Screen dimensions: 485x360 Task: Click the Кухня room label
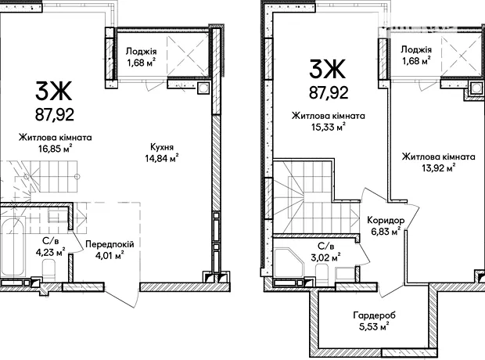click(162, 147)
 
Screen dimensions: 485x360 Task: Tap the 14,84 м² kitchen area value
click(162, 158)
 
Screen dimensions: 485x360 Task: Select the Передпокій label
click(110, 244)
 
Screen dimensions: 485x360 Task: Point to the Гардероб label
click(374, 315)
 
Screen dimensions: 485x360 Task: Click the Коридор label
click(386, 221)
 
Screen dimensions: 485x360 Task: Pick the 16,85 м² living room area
click(56, 149)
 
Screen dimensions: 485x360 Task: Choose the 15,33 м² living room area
click(329, 127)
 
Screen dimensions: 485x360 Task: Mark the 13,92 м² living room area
click(438, 167)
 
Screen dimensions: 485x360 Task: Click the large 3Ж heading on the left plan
click(53, 90)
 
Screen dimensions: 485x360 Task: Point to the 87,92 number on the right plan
click(329, 92)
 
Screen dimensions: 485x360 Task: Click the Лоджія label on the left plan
click(141, 52)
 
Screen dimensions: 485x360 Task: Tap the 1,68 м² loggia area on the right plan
click(416, 61)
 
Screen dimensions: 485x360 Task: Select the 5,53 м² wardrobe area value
click(374, 326)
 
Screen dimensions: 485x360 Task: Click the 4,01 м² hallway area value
click(110, 256)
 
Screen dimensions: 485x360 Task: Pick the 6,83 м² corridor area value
click(386, 232)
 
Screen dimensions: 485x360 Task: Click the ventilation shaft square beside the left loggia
click(203, 88)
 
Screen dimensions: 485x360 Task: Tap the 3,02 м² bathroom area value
click(325, 257)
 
